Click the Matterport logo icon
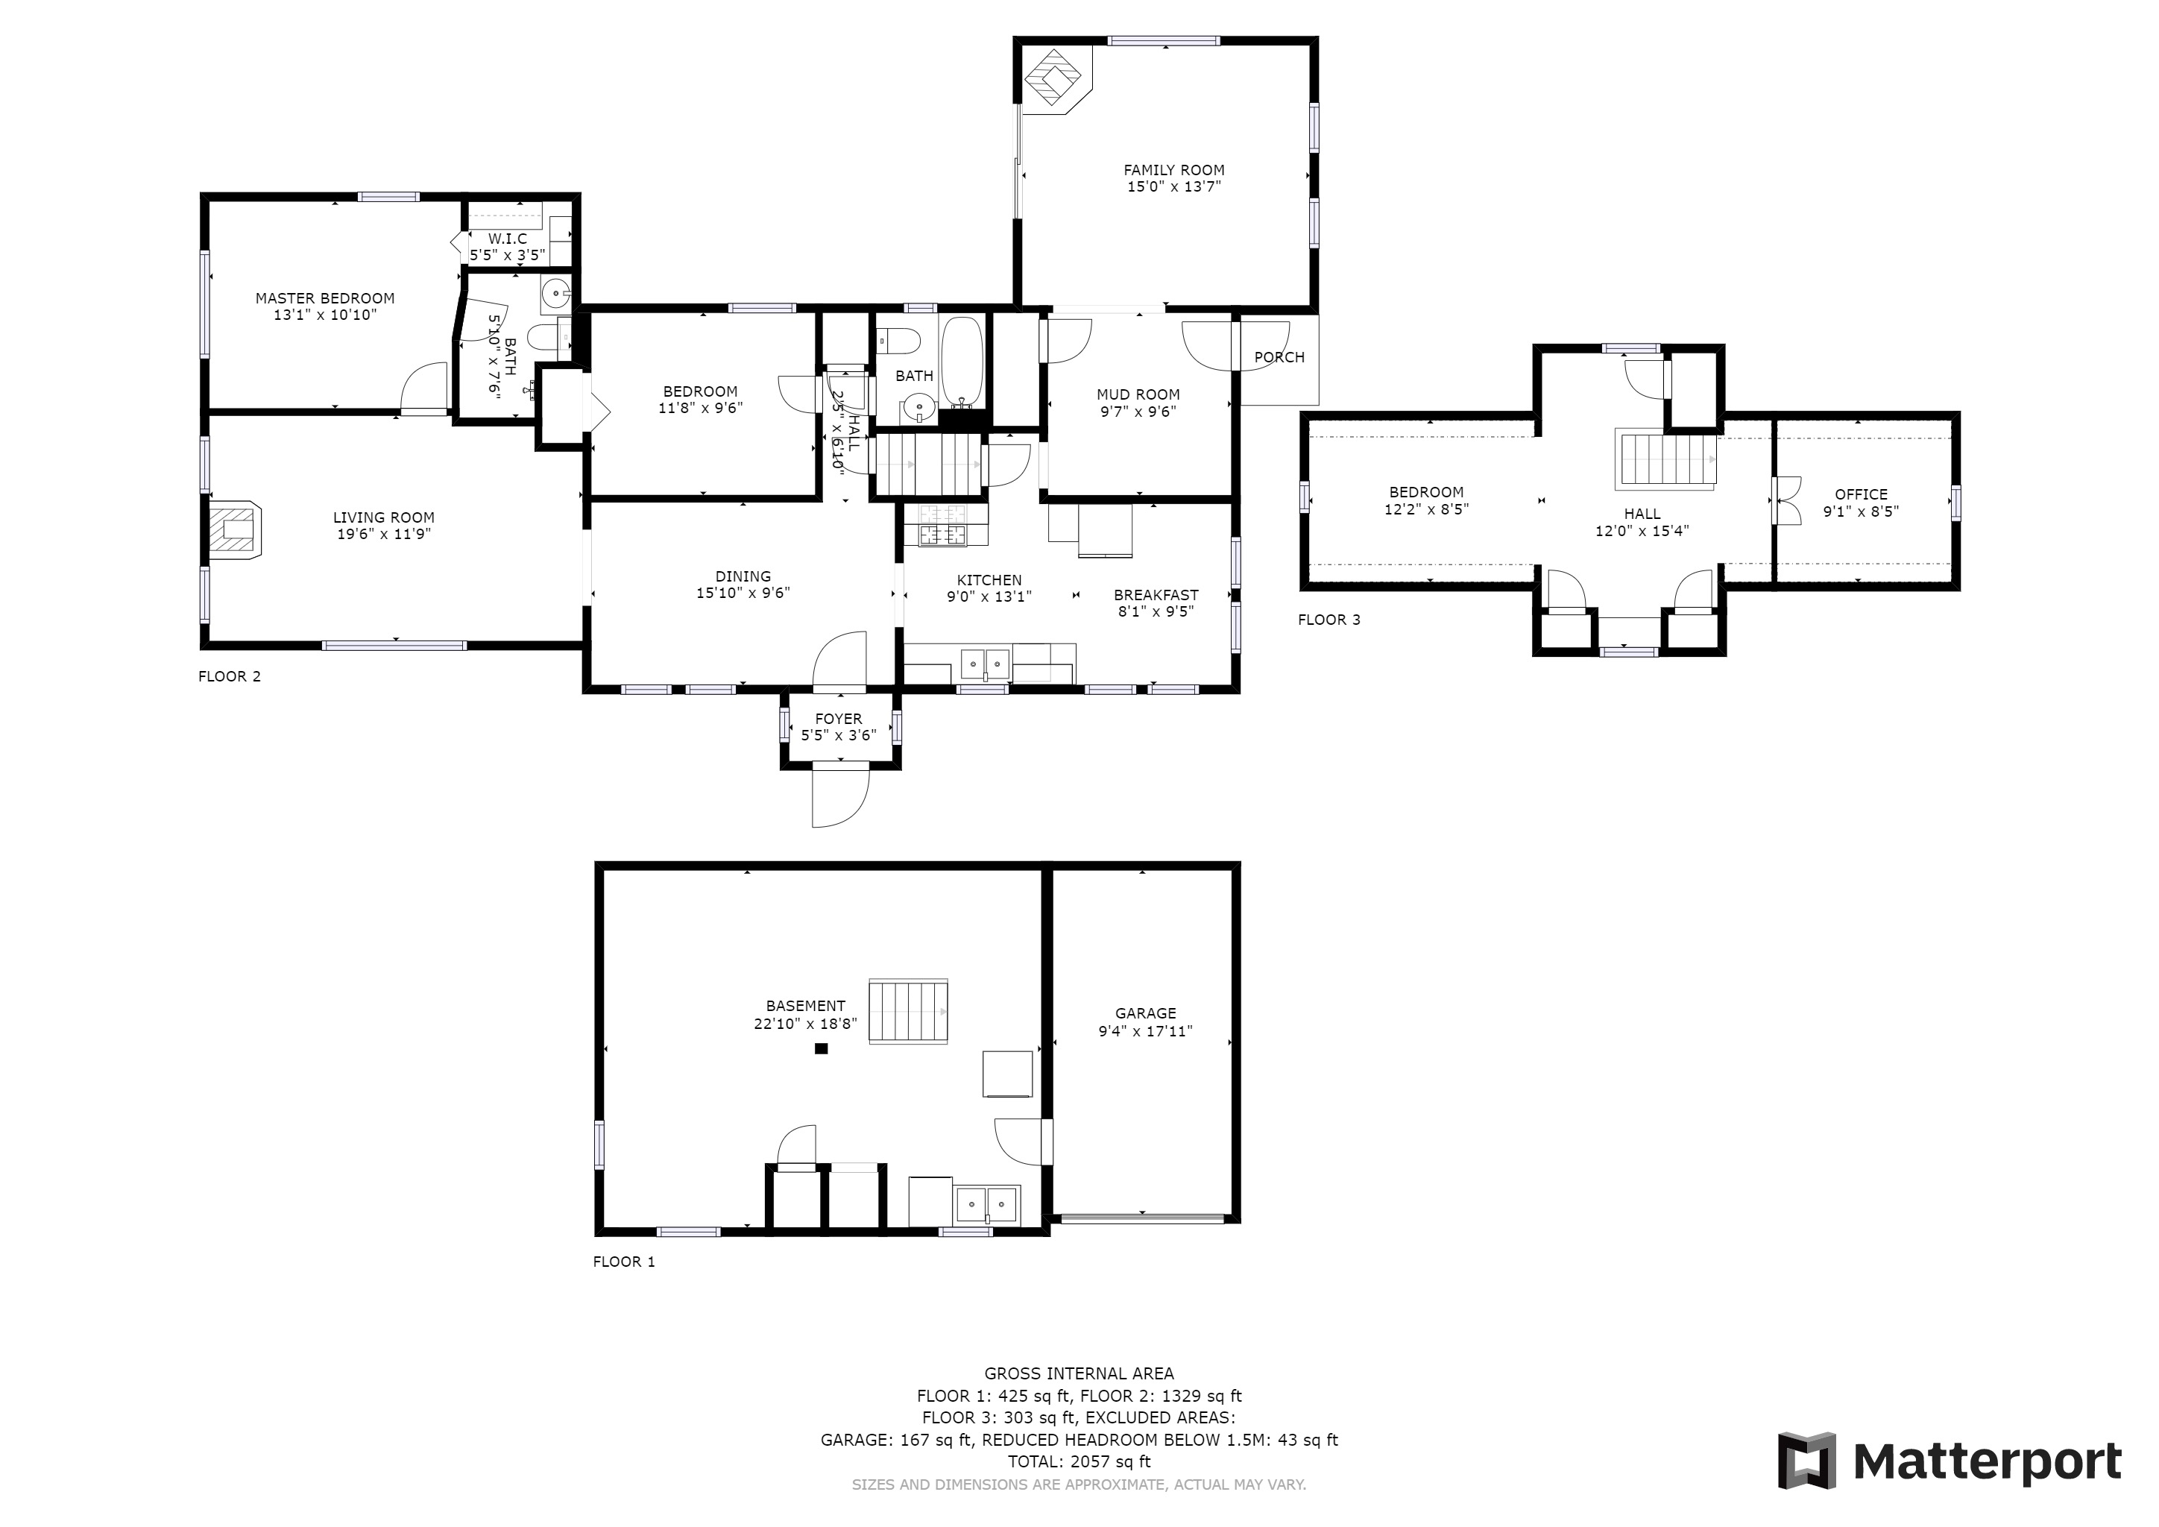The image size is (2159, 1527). click(x=1806, y=1460)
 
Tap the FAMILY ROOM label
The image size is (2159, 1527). click(x=1173, y=170)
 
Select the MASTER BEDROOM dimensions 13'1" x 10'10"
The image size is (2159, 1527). click(x=324, y=315)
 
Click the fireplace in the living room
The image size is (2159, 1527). click(x=234, y=532)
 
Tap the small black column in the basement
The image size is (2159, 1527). click(x=821, y=1048)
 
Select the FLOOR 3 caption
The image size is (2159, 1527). click(x=1329, y=620)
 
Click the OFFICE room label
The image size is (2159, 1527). click(x=1861, y=494)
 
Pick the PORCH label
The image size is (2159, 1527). click(x=1279, y=357)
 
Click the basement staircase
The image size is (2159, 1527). click(x=907, y=1012)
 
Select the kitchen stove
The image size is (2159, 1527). click(x=943, y=526)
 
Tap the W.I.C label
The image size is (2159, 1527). click(x=508, y=239)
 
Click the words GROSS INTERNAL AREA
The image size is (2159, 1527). click(x=1079, y=1373)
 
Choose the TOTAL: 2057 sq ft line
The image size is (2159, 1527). click(x=1079, y=1462)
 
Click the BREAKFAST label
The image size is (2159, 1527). click(x=1156, y=595)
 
